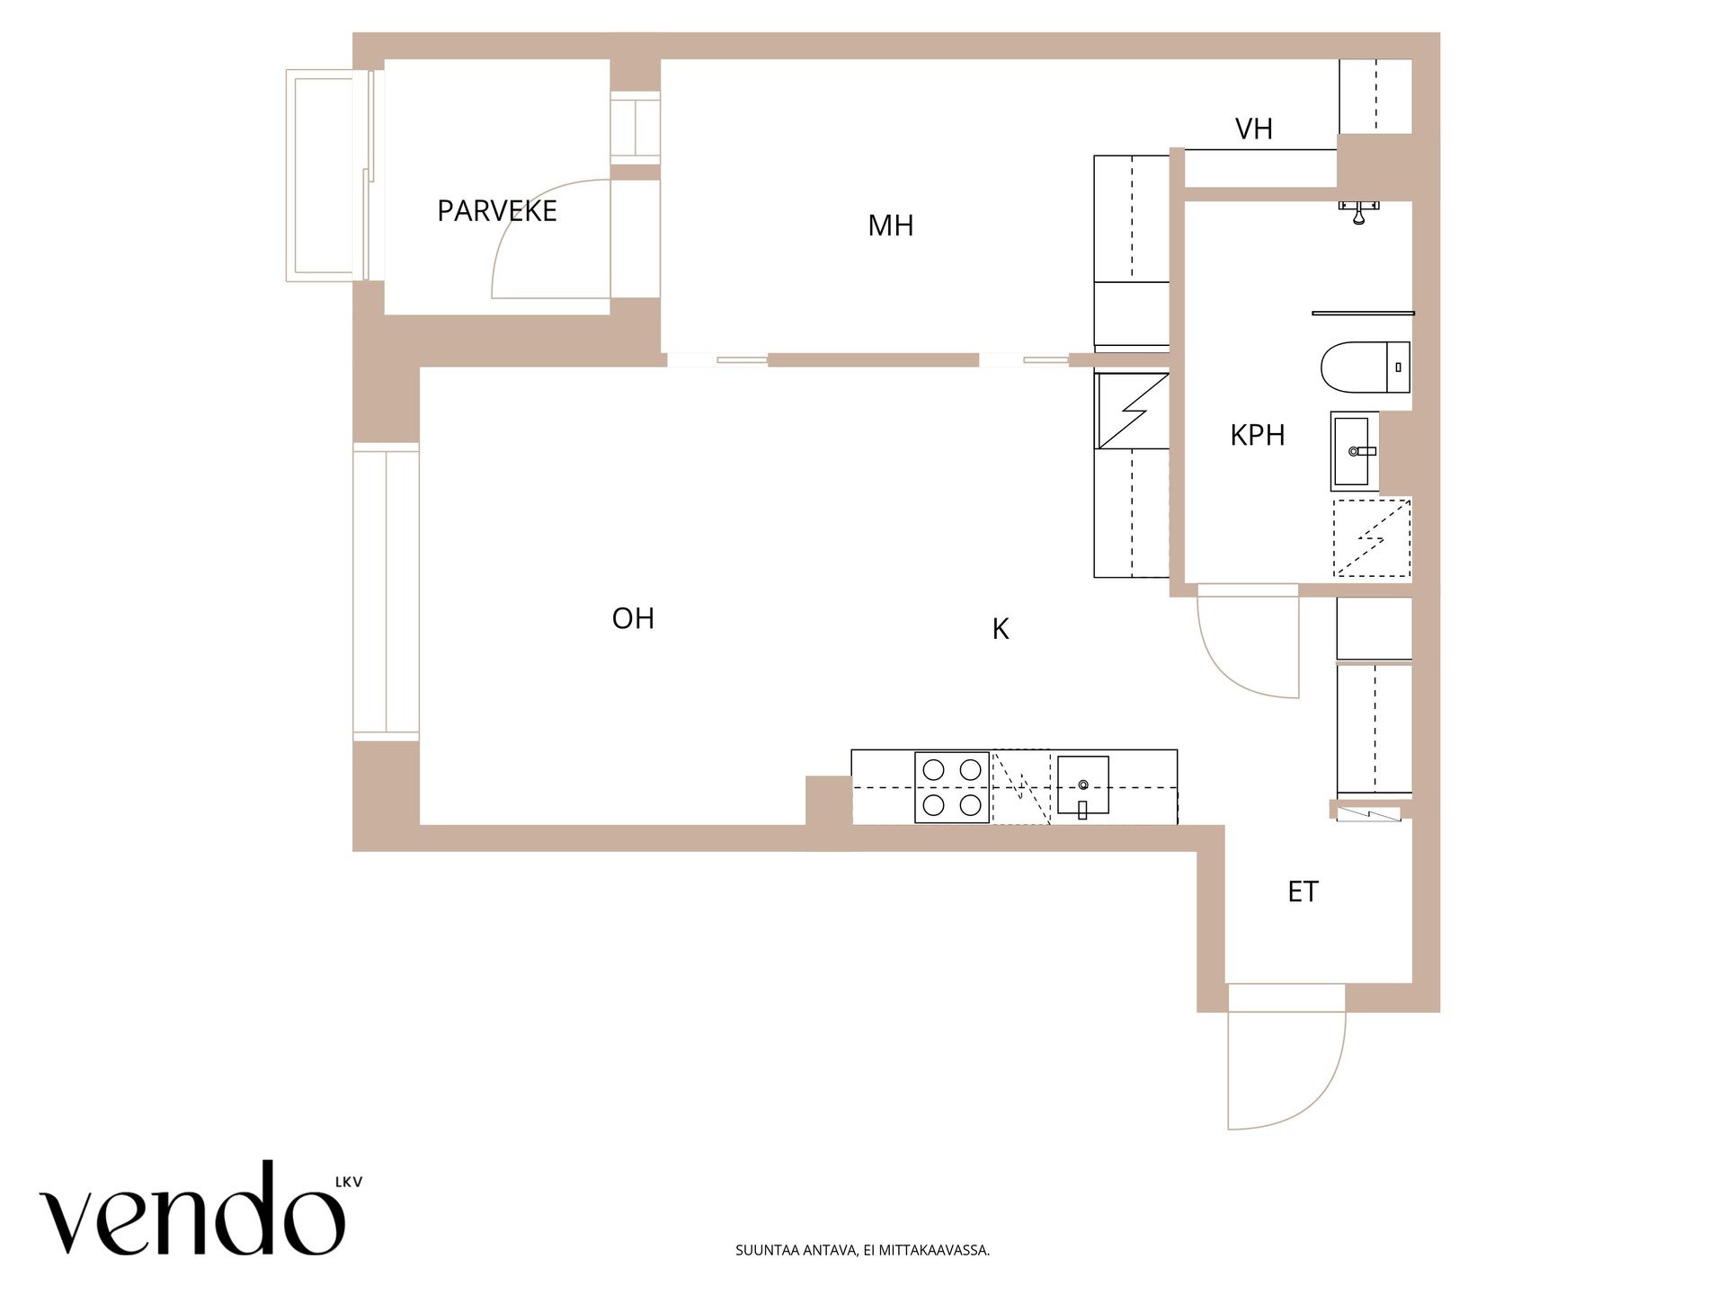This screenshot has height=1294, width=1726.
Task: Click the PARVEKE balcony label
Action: (497, 211)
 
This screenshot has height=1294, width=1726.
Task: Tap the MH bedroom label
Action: (890, 226)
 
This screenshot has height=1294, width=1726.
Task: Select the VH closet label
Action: (1254, 129)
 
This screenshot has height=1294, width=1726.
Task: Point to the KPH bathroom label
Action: (1257, 435)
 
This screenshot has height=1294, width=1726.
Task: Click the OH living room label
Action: (633, 618)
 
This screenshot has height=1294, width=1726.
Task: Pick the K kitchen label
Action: (1001, 629)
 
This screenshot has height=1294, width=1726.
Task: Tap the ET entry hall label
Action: (1303, 891)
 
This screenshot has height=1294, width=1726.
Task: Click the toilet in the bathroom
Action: (1365, 367)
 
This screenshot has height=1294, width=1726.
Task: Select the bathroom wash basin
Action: (1354, 451)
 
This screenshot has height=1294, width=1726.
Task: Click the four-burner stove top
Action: (952, 787)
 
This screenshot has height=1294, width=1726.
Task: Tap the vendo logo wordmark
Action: (192, 1210)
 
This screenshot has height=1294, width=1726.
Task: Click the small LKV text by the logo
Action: (349, 1183)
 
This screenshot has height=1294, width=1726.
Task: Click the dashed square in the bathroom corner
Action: (1372, 537)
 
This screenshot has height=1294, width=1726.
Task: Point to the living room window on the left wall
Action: (386, 591)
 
